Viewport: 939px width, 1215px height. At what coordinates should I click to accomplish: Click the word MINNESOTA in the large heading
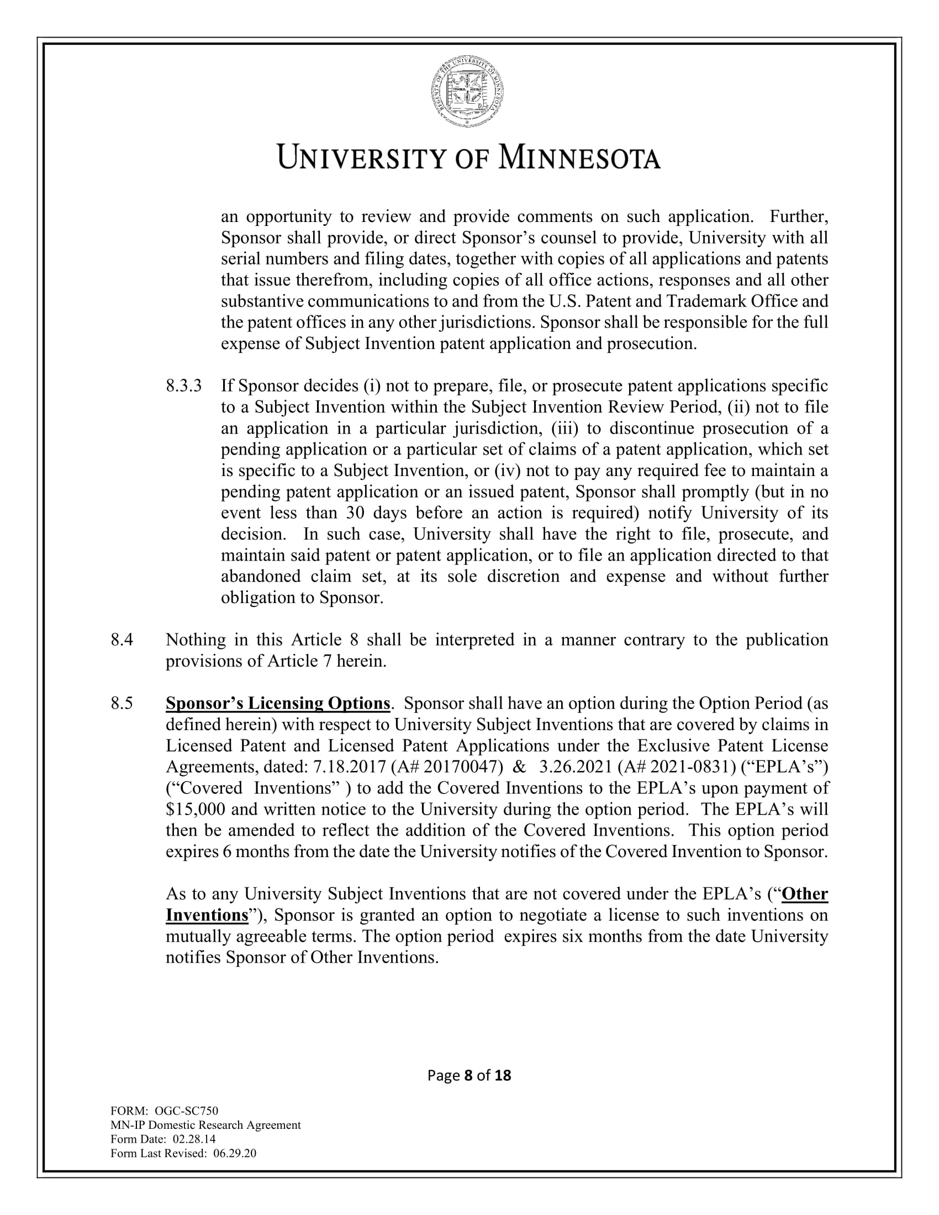pyautogui.click(x=578, y=158)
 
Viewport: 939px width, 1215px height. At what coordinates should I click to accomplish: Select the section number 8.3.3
pyautogui.click(x=183, y=385)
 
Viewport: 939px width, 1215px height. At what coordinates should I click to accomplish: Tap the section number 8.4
pyautogui.click(x=122, y=640)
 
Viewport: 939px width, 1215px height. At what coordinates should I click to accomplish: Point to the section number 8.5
pyautogui.click(x=122, y=704)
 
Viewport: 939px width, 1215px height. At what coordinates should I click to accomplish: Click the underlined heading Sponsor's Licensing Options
pyautogui.click(x=278, y=704)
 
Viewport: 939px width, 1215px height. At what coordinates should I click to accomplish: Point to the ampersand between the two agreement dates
pyautogui.click(x=519, y=767)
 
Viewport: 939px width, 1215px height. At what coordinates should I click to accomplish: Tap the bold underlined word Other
pyautogui.click(x=804, y=894)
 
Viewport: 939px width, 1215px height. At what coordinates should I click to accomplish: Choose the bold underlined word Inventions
pyautogui.click(x=207, y=915)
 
